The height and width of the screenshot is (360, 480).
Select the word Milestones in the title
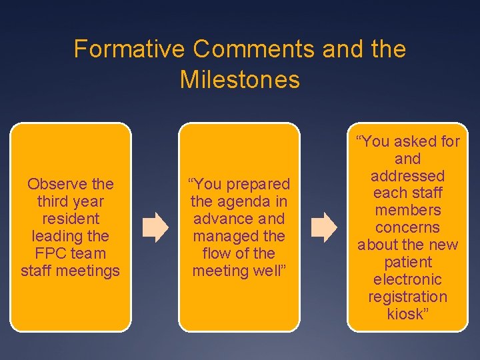(x=240, y=80)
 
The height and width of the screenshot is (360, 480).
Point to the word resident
(x=70, y=219)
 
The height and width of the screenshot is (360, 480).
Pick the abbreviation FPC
(x=48, y=253)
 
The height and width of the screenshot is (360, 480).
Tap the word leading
(x=57, y=236)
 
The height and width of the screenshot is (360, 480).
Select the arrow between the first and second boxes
(x=156, y=227)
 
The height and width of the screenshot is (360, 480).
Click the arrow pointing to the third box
(x=325, y=227)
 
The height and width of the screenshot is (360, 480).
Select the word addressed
(x=407, y=176)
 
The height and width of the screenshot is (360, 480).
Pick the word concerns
(x=407, y=227)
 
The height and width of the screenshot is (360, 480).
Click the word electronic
(x=407, y=279)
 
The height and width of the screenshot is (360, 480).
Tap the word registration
(x=407, y=297)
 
